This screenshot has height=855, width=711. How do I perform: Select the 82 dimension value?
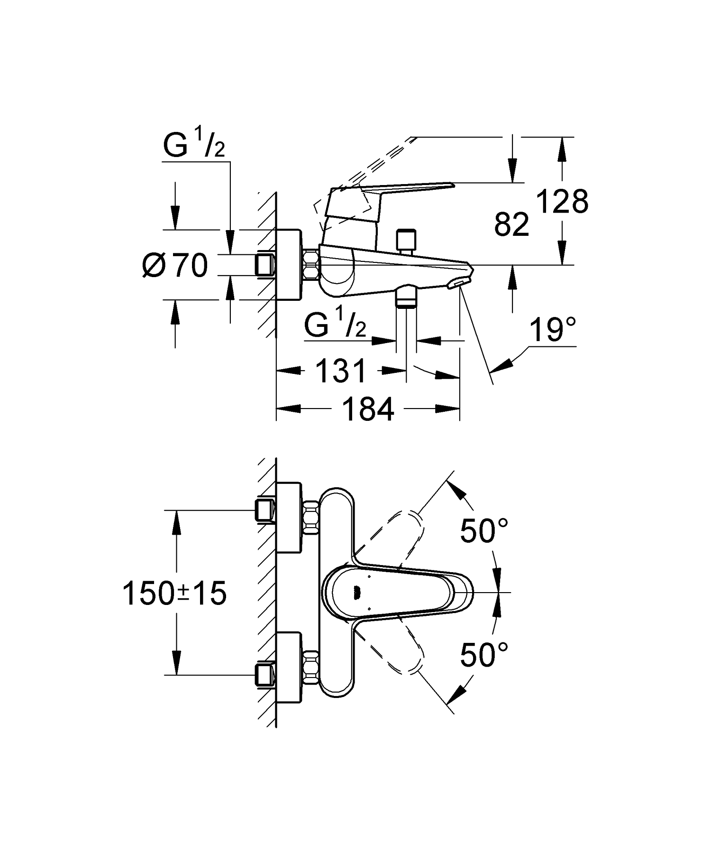(511, 224)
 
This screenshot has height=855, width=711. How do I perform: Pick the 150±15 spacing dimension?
(174, 594)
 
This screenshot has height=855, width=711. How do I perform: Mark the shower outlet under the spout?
(406, 296)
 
